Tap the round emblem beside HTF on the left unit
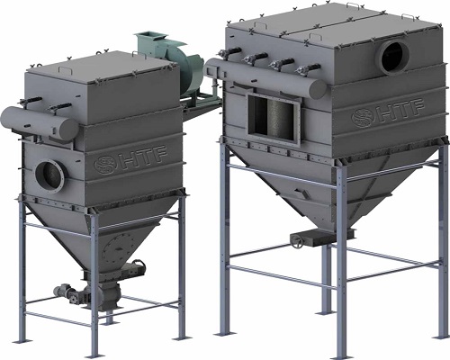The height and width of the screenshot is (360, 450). point(105,165)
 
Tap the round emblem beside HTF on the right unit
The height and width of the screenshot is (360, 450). point(361,117)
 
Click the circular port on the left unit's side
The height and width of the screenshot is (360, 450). point(49,176)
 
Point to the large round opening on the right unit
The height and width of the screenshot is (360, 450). point(393,58)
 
